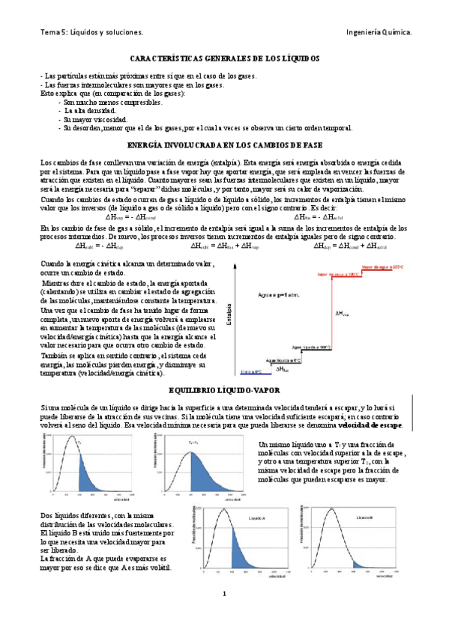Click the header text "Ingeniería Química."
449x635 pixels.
pyautogui.click(x=379, y=33)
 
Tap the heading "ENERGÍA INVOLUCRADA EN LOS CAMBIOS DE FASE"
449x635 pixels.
pyautogui.click(x=225, y=144)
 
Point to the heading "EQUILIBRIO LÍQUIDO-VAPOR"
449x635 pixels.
pyautogui.click(x=224, y=389)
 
